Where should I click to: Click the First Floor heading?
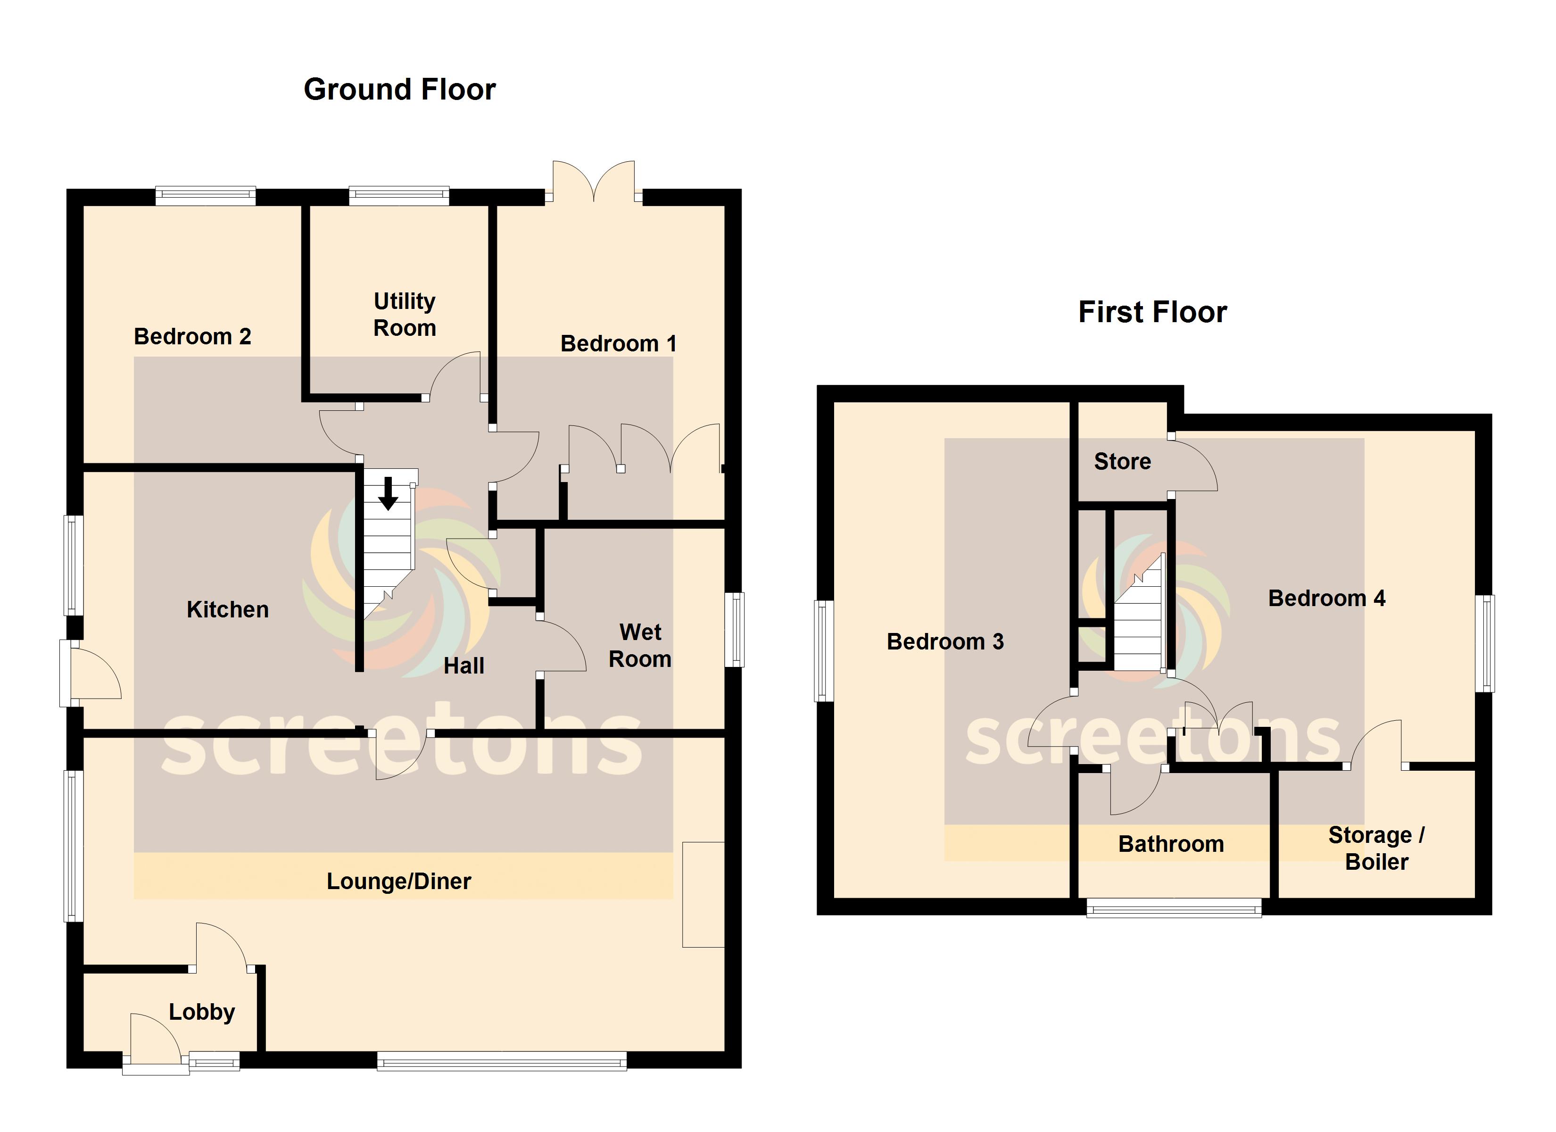pyautogui.click(x=1152, y=312)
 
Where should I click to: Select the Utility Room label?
pyautogui.click(x=405, y=315)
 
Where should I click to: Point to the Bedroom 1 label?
pyautogui.click(x=618, y=343)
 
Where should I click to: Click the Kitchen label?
pyautogui.click(x=228, y=609)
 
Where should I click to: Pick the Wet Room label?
pyautogui.click(x=640, y=645)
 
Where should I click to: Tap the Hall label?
pyautogui.click(x=464, y=666)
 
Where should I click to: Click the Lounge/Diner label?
pyautogui.click(x=398, y=882)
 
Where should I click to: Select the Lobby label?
pyautogui.click(x=202, y=1012)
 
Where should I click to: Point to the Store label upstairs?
pyautogui.click(x=1122, y=461)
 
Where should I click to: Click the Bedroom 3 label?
pyautogui.click(x=945, y=642)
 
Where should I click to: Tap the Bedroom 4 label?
pyautogui.click(x=1326, y=599)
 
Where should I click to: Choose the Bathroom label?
pyautogui.click(x=1171, y=844)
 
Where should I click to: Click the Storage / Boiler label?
pyautogui.click(x=1376, y=849)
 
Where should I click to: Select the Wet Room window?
pyautogui.click(x=735, y=630)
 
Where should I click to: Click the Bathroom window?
pyautogui.click(x=1174, y=908)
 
